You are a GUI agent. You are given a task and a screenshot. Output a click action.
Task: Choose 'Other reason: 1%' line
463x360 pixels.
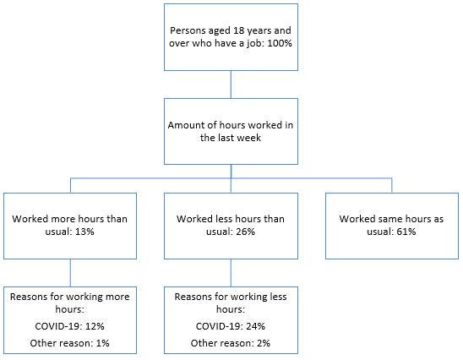pos(69,342)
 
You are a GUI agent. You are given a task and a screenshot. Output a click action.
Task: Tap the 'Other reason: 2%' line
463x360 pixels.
pos(230,342)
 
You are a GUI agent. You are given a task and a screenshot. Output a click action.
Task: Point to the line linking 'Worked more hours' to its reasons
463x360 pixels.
pos(70,272)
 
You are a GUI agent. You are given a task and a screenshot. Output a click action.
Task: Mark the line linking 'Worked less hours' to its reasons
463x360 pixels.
pos(231,272)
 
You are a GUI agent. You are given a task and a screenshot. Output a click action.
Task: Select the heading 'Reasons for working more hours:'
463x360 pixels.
pos(69,303)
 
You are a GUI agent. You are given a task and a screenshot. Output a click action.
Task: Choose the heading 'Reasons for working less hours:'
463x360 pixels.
pos(230,303)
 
